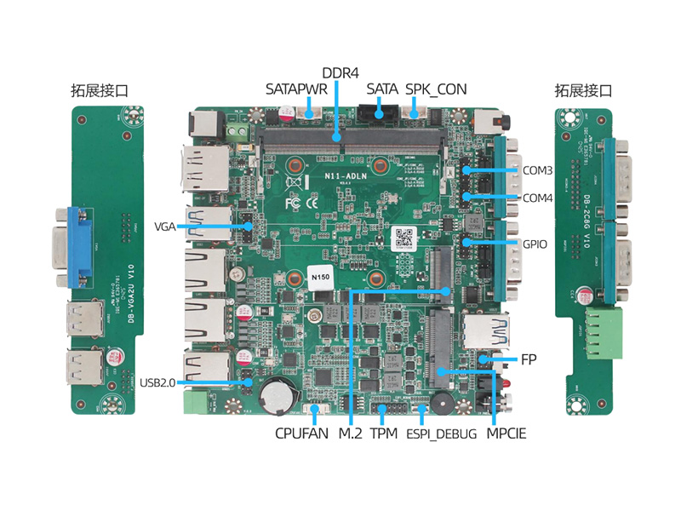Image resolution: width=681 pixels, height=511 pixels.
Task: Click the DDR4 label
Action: click(340, 72)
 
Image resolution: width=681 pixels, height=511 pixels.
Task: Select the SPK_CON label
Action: click(436, 89)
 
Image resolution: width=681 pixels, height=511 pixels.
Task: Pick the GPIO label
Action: click(536, 244)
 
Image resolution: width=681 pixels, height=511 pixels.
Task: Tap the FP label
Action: click(527, 359)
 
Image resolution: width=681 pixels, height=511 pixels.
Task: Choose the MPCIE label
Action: click(506, 433)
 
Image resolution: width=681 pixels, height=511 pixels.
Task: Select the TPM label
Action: click(384, 433)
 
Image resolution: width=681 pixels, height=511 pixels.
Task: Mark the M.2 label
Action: click(350, 433)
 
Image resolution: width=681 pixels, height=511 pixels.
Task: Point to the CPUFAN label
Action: click(301, 433)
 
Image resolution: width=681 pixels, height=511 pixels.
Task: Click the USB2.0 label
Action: click(157, 382)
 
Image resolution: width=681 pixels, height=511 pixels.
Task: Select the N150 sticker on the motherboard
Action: click(321, 277)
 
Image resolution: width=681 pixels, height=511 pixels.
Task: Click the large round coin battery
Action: click(278, 393)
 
